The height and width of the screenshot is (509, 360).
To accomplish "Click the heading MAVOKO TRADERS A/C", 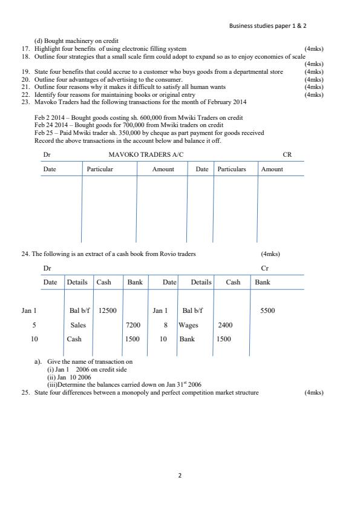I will pyautogui.click(x=146, y=154).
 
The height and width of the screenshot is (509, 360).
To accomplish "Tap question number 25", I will pyautogui.click(x=26, y=392).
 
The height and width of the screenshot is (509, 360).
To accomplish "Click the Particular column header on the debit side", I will pyautogui.click(x=100, y=169).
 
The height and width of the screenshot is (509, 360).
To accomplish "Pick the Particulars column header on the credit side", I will pyautogui.click(x=232, y=169).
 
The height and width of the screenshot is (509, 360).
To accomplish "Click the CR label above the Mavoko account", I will pyautogui.click(x=287, y=154).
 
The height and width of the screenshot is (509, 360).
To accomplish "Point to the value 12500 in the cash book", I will pyautogui.click(x=107, y=310).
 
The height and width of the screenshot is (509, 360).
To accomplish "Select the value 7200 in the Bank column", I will pyautogui.click(x=133, y=325).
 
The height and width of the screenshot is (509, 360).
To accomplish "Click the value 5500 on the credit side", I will pyautogui.click(x=267, y=310).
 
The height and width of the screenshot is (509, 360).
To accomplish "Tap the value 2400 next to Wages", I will pyautogui.click(x=225, y=325).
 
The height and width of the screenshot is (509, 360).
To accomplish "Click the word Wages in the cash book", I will pyautogui.click(x=188, y=325).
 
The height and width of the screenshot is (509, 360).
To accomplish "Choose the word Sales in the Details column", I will pyautogui.click(x=78, y=325).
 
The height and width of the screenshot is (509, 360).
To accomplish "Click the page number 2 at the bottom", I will pyautogui.click(x=180, y=476).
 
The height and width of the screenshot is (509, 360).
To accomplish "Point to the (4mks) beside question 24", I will pyautogui.click(x=270, y=254).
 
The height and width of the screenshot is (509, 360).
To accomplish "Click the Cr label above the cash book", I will pyautogui.click(x=264, y=268).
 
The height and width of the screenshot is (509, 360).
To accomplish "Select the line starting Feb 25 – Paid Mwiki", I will pyautogui.click(x=149, y=133).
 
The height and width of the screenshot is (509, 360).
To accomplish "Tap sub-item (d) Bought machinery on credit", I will pyautogui.click(x=76, y=41).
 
